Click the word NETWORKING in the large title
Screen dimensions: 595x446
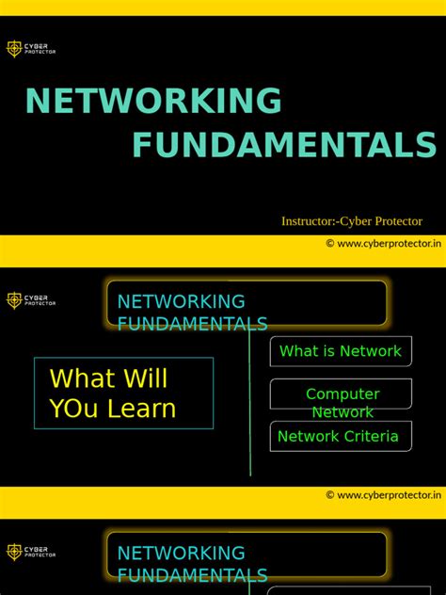pyautogui.click(x=153, y=102)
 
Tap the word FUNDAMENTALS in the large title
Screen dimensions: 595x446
pyautogui.click(x=284, y=146)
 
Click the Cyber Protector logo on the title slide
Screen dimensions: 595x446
pyautogui.click(x=31, y=48)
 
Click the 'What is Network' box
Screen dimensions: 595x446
pyautogui.click(x=341, y=351)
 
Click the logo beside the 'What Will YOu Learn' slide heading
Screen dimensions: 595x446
pyautogui.click(x=31, y=300)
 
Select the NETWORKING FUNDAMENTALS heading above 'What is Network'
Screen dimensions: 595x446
pyautogui.click(x=192, y=312)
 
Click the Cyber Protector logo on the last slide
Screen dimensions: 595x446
pyautogui.click(x=31, y=552)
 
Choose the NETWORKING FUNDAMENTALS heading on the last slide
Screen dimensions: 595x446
pyautogui.click(x=192, y=563)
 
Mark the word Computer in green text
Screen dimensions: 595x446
pyautogui.click(x=342, y=394)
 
